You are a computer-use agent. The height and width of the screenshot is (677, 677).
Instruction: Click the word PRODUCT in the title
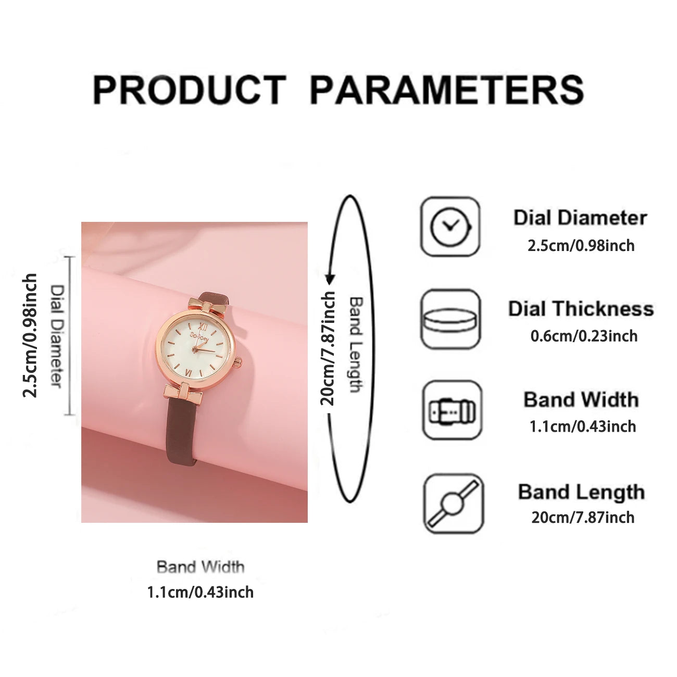(190, 90)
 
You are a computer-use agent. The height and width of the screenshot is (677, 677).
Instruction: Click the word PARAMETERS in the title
(447, 90)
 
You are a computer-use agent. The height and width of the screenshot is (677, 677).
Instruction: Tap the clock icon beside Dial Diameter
(450, 227)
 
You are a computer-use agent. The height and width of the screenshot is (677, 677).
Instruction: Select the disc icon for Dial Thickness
(450, 319)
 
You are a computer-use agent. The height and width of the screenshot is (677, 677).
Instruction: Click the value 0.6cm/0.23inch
(584, 336)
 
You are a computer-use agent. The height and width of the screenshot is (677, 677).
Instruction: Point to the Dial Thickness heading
(581, 308)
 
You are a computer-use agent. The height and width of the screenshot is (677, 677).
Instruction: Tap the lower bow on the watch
(183, 393)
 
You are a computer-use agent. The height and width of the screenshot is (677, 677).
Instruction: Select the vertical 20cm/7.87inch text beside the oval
(328, 348)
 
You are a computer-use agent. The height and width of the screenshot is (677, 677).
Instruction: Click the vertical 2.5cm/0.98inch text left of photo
(30, 335)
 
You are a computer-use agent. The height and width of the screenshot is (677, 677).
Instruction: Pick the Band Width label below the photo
(200, 567)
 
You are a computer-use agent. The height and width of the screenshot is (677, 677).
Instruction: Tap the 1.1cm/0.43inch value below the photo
(200, 592)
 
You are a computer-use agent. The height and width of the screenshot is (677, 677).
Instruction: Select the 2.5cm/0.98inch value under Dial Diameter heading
(581, 245)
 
